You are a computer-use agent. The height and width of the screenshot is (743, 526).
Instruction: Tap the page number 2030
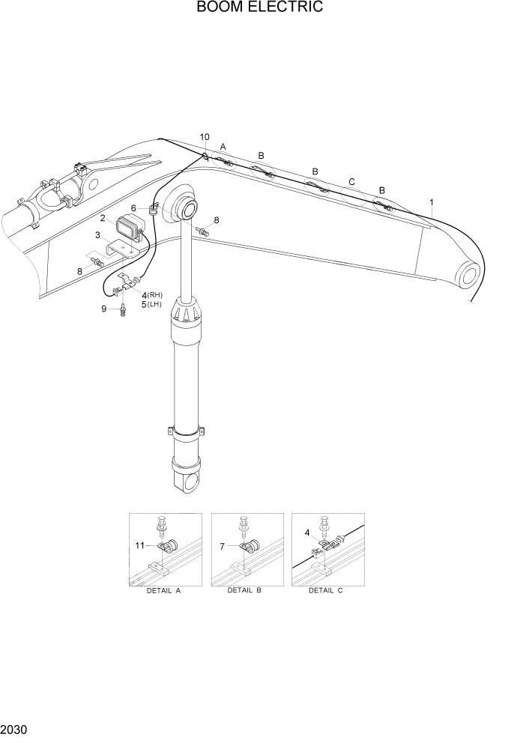(14, 728)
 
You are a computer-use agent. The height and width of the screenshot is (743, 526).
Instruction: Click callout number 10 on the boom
(205, 137)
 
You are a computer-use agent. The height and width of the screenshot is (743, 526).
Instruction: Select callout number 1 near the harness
(432, 202)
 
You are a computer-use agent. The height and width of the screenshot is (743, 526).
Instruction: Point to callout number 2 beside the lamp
(102, 218)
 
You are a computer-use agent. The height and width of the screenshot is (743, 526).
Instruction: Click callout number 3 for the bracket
(97, 236)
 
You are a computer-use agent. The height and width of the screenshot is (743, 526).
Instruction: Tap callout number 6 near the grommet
(133, 208)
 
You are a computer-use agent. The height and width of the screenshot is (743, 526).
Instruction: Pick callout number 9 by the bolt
(104, 309)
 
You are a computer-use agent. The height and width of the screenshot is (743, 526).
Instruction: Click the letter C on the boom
(351, 182)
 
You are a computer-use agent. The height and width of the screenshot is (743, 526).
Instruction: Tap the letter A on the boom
(223, 147)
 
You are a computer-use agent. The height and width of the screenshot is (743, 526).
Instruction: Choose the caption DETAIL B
(244, 590)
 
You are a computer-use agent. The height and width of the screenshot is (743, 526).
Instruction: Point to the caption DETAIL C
(325, 590)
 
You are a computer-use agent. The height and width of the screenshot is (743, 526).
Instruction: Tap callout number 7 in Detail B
(223, 546)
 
